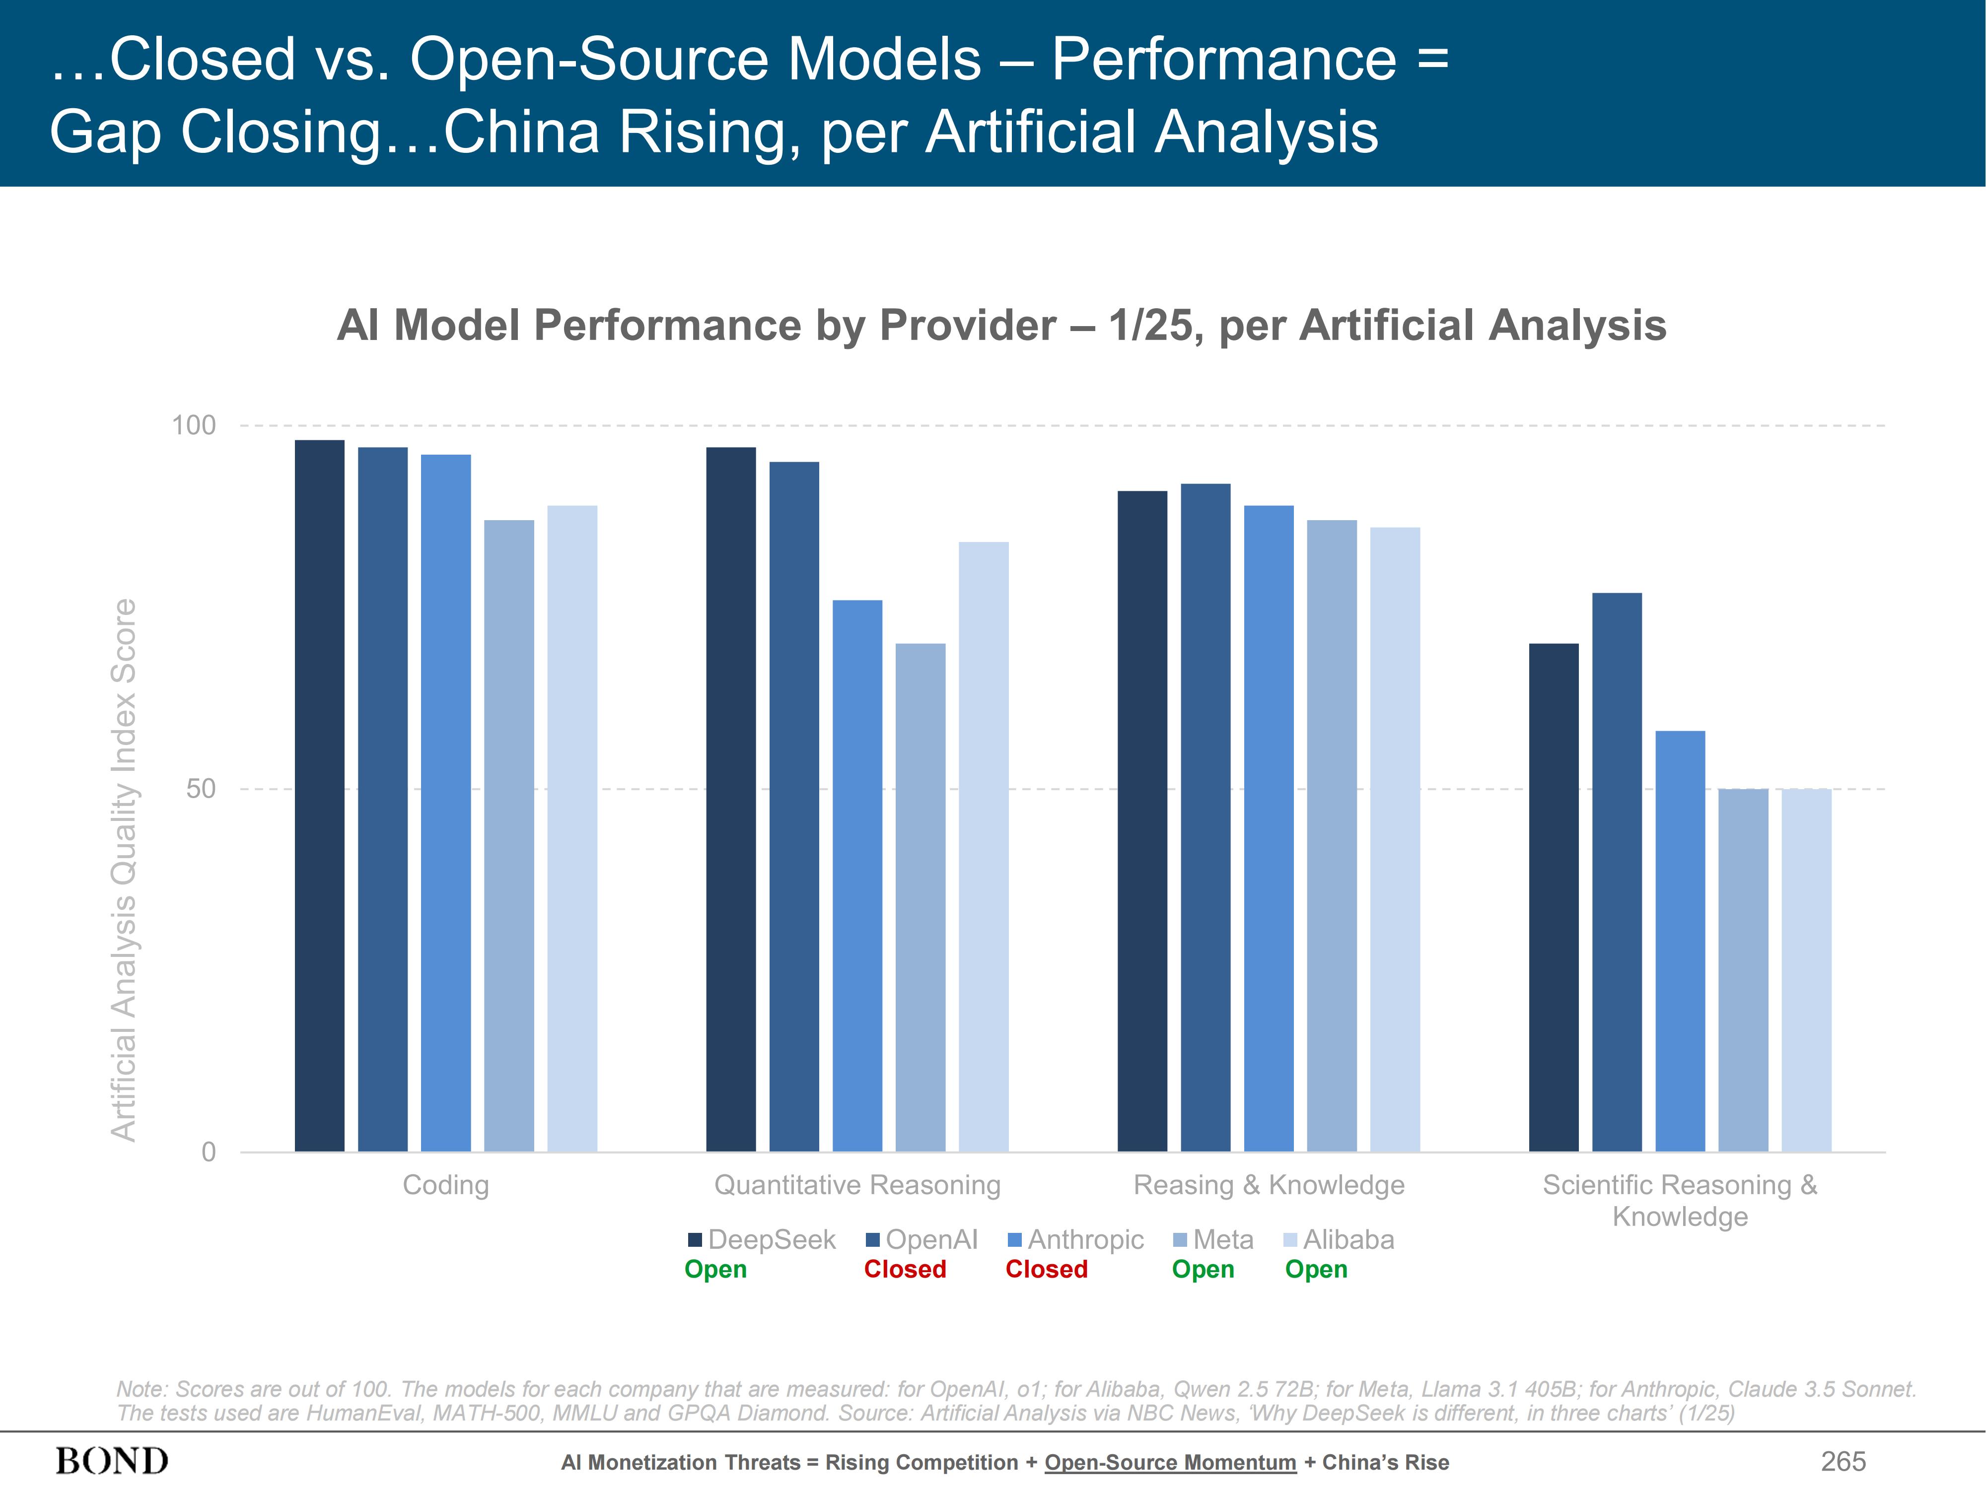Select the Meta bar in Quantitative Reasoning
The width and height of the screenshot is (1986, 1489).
point(921,897)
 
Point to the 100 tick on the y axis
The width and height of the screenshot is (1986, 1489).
point(194,425)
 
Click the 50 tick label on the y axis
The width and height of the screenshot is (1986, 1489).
point(201,789)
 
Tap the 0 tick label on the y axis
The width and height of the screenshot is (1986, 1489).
point(209,1151)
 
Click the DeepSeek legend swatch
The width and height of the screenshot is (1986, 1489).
point(694,1239)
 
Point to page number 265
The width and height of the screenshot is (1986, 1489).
point(1843,1461)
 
